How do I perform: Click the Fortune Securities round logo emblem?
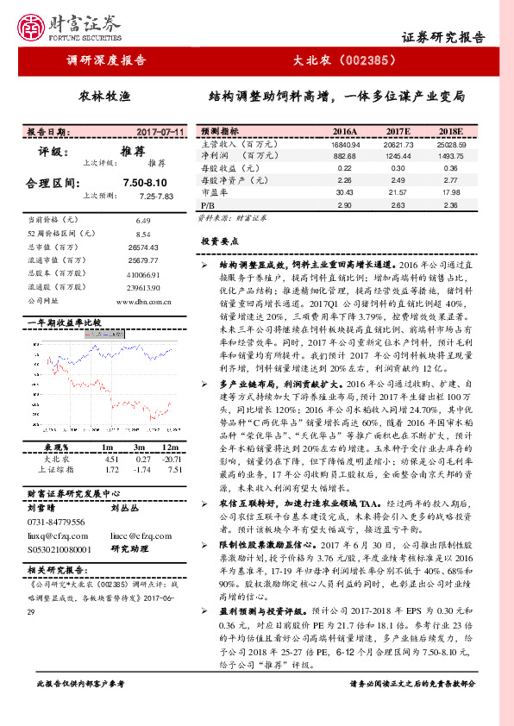tap(32, 28)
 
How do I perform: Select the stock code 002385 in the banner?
tap(366, 60)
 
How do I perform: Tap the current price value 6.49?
tap(143, 221)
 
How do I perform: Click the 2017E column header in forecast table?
tap(398, 131)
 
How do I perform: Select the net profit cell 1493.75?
tap(451, 156)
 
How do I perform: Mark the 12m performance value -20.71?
tap(170, 459)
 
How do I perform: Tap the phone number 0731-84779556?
tap(56, 523)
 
